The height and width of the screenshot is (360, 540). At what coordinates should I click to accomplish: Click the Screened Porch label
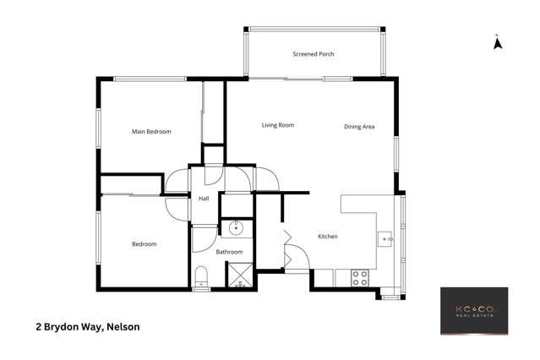[x=313, y=54]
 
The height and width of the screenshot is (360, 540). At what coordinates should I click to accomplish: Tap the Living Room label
[x=277, y=125]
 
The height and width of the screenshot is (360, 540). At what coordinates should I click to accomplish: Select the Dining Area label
[x=359, y=127]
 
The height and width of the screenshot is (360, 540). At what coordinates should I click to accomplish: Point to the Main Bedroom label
[x=151, y=132]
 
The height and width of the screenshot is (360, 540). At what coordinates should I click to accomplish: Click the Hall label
[x=204, y=199]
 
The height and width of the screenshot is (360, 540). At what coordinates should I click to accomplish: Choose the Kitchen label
[x=327, y=237]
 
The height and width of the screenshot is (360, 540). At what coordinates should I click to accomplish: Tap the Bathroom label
[x=229, y=252]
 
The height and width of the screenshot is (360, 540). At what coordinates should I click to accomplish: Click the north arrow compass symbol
[x=499, y=41]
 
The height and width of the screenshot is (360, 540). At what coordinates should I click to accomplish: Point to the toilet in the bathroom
[x=200, y=278]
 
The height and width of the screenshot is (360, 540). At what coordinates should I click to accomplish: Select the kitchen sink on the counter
[x=385, y=239]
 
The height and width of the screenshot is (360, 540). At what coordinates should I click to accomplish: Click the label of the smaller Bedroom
[x=144, y=244]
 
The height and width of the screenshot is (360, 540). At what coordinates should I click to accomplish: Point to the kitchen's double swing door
[x=288, y=250]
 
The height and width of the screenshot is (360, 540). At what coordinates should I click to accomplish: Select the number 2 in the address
[x=38, y=326]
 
